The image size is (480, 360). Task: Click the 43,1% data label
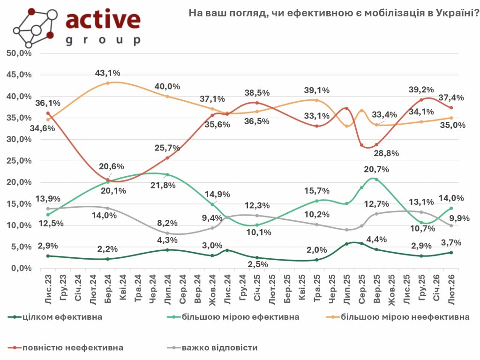(x=108, y=73)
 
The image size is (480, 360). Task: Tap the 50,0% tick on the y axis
(x=19, y=53)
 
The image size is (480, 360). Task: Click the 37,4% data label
(x=451, y=97)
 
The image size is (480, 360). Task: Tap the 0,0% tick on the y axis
(x=21, y=269)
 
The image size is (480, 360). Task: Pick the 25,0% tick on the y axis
(x=19, y=161)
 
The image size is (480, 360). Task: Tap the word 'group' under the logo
(x=103, y=40)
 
